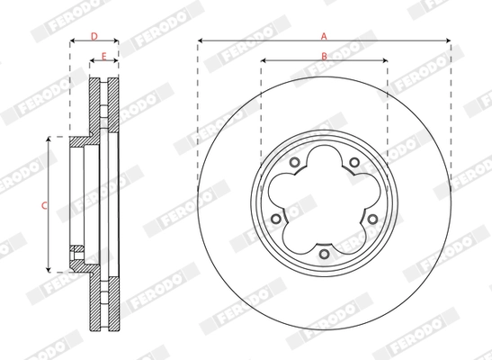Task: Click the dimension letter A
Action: [324, 35]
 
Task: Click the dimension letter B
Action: [324, 56]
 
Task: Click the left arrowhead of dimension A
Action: [201, 40]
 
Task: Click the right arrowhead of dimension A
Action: [446, 40]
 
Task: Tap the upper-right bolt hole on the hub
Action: [354, 163]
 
